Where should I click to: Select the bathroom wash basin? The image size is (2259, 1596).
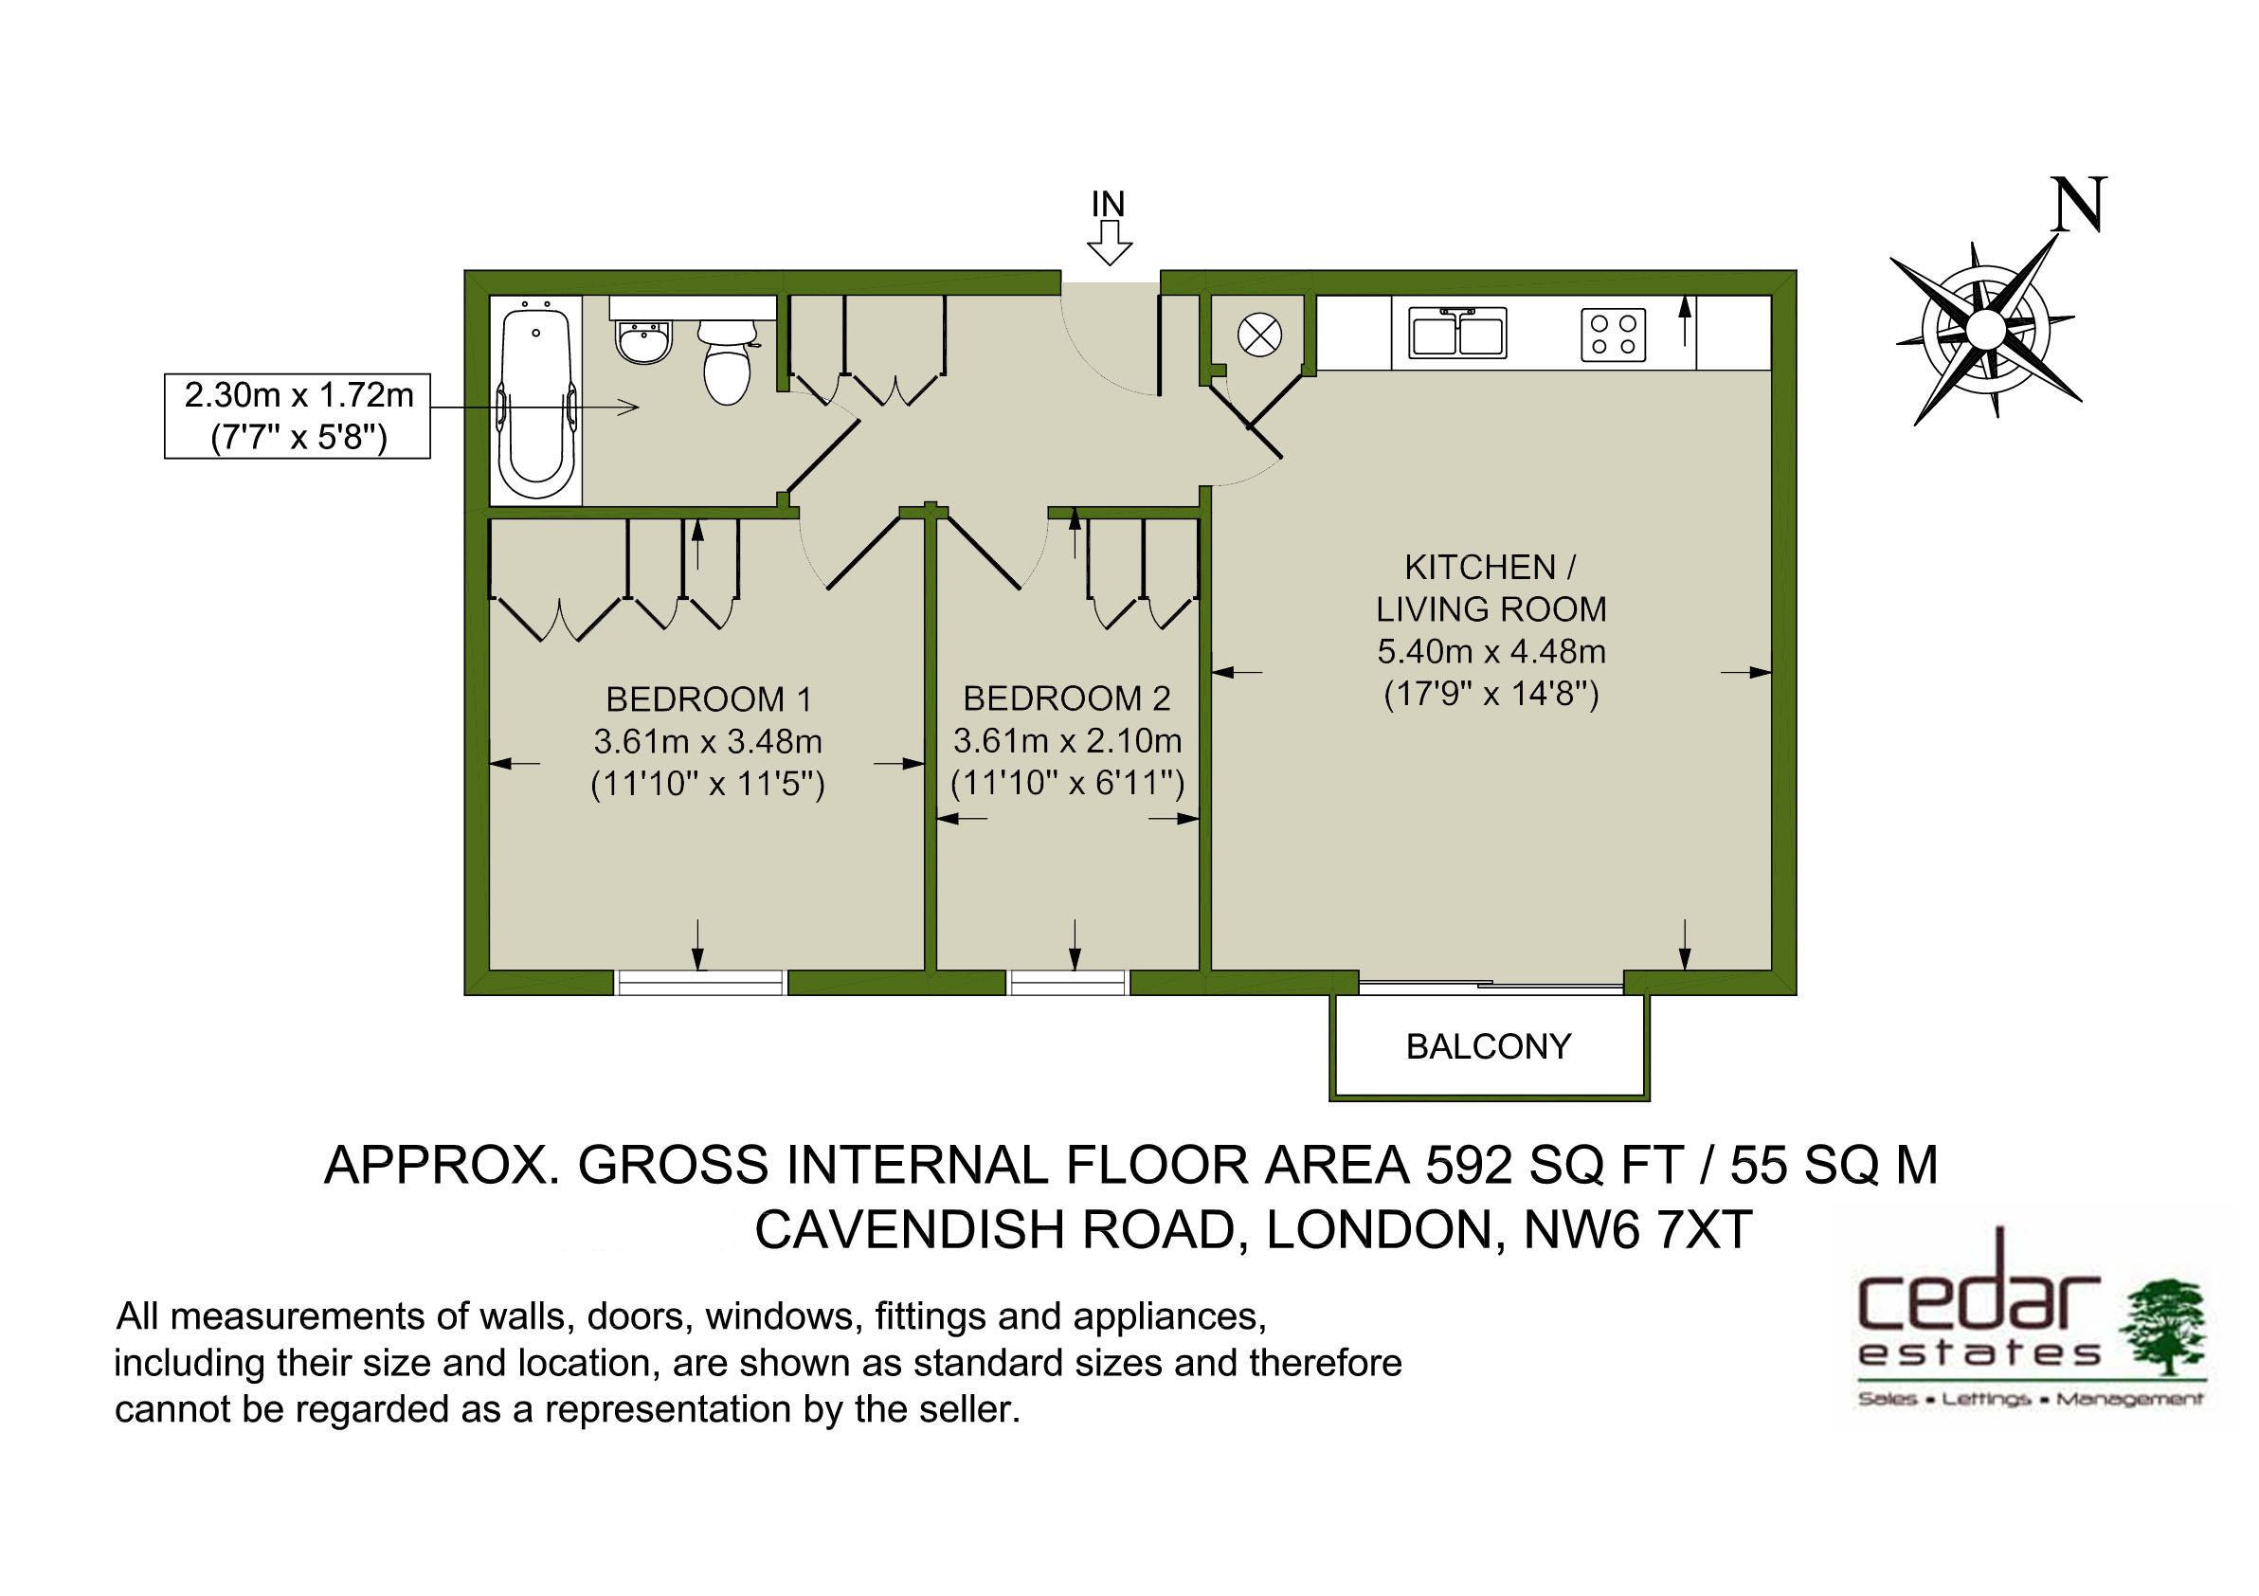point(644,342)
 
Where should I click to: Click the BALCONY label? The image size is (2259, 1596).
point(1488,1046)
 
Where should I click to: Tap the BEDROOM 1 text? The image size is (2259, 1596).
point(709,699)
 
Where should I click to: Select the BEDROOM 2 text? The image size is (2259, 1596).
point(1067,698)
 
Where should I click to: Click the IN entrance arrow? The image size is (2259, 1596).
point(1109,242)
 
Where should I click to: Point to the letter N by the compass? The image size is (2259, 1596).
point(2078,206)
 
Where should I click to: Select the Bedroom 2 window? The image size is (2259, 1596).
point(1069,982)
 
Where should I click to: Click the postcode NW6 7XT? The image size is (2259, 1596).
point(1637,1230)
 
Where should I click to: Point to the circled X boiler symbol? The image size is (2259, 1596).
point(1258,336)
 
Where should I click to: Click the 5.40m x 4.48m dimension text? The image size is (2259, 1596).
point(1491,651)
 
